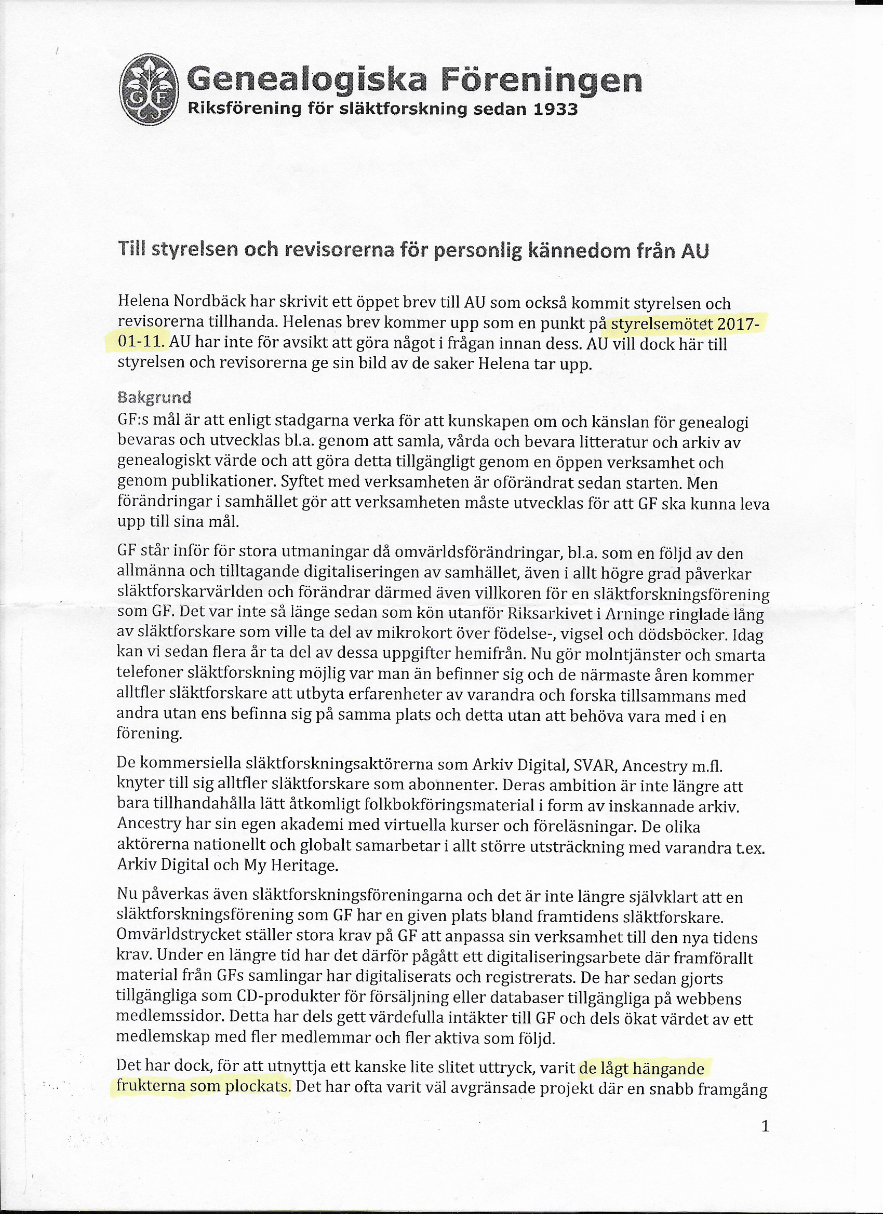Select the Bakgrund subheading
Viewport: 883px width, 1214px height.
pyautogui.click(x=154, y=397)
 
